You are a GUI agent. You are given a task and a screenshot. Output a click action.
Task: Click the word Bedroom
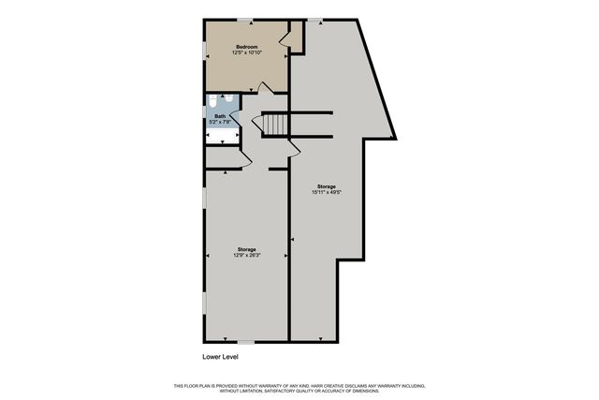247,47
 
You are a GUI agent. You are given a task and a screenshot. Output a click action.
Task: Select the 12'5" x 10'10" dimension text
247,53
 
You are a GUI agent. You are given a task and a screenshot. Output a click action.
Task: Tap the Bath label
219,116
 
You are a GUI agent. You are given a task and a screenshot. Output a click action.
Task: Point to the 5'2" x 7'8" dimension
219,122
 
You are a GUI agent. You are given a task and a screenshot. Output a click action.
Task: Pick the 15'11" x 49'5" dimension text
326,193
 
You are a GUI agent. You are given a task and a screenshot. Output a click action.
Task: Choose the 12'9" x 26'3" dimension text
246,255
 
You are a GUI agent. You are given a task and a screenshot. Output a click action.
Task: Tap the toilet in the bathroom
213,101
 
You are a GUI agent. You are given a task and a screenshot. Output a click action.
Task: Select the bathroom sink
228,101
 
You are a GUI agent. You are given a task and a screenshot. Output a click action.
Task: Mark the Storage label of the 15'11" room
326,186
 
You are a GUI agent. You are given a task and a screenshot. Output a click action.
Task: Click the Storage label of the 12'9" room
246,248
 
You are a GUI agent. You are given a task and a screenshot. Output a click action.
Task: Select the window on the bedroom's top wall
243,20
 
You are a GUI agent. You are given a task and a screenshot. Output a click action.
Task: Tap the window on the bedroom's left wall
204,47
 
